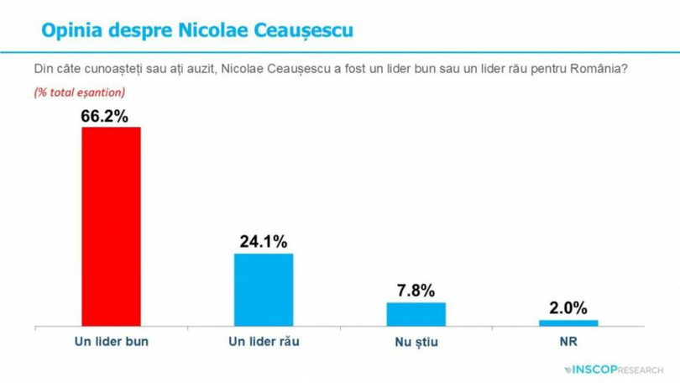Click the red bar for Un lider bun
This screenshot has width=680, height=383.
[x=111, y=226]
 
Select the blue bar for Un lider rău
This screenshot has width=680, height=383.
[x=264, y=289]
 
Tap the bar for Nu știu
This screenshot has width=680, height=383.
[x=416, y=313]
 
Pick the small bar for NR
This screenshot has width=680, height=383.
[x=568, y=323]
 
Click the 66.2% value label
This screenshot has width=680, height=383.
[x=104, y=116]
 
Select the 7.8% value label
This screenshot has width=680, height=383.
[x=416, y=291]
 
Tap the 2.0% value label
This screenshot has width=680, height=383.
[x=568, y=309]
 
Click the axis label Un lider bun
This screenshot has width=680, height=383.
[x=111, y=342]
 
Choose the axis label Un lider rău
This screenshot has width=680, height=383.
[x=264, y=342]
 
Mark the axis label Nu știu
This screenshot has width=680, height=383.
[x=416, y=342]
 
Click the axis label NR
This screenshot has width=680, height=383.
[x=568, y=342]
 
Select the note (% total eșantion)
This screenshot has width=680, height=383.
[x=79, y=92]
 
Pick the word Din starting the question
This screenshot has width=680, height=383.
[x=43, y=70]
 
